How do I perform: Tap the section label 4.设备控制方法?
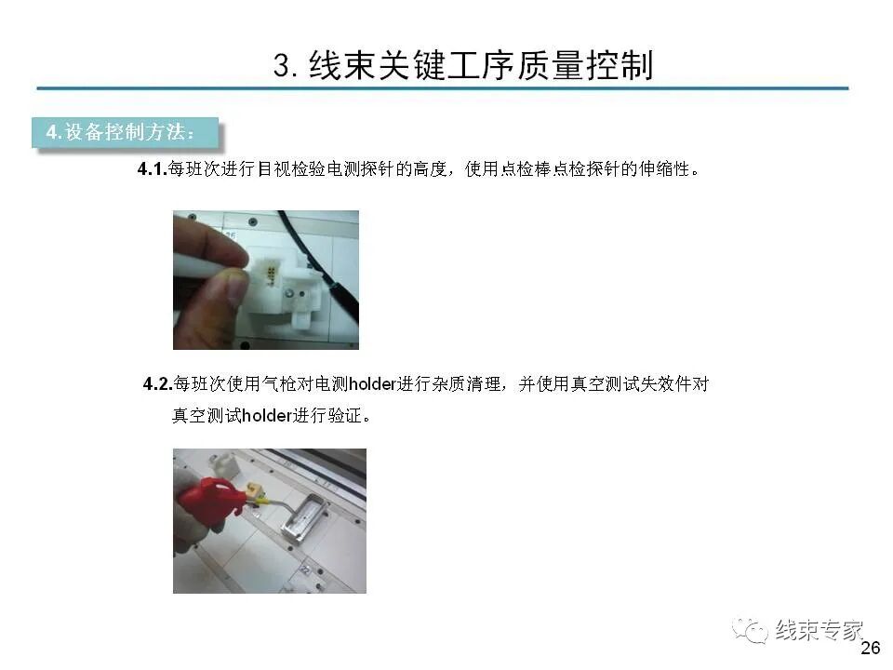(x=122, y=131)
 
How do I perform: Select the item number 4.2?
(x=157, y=383)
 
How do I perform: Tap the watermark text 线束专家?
(x=820, y=630)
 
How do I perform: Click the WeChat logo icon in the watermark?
(x=750, y=631)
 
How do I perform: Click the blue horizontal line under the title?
(x=443, y=89)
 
